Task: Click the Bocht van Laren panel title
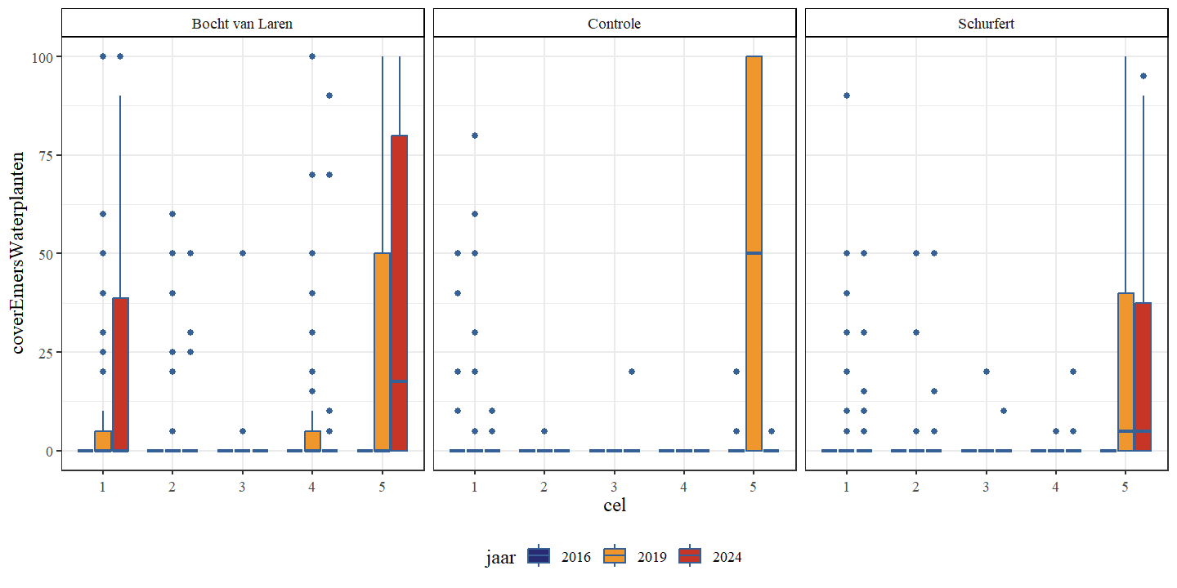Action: coord(242,24)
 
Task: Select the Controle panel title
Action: coord(614,24)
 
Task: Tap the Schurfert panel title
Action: coord(987,24)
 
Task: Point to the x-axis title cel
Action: coord(614,505)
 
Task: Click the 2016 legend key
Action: coord(539,556)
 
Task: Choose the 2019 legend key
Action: coord(615,556)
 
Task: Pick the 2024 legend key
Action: coord(691,556)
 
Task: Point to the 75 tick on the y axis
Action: coord(45,155)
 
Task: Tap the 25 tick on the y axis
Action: coord(45,352)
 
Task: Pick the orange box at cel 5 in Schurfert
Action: coord(1126,372)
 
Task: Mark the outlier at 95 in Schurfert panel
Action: coord(1143,76)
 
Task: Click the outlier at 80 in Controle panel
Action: coord(475,136)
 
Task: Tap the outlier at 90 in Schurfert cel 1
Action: coord(847,96)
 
